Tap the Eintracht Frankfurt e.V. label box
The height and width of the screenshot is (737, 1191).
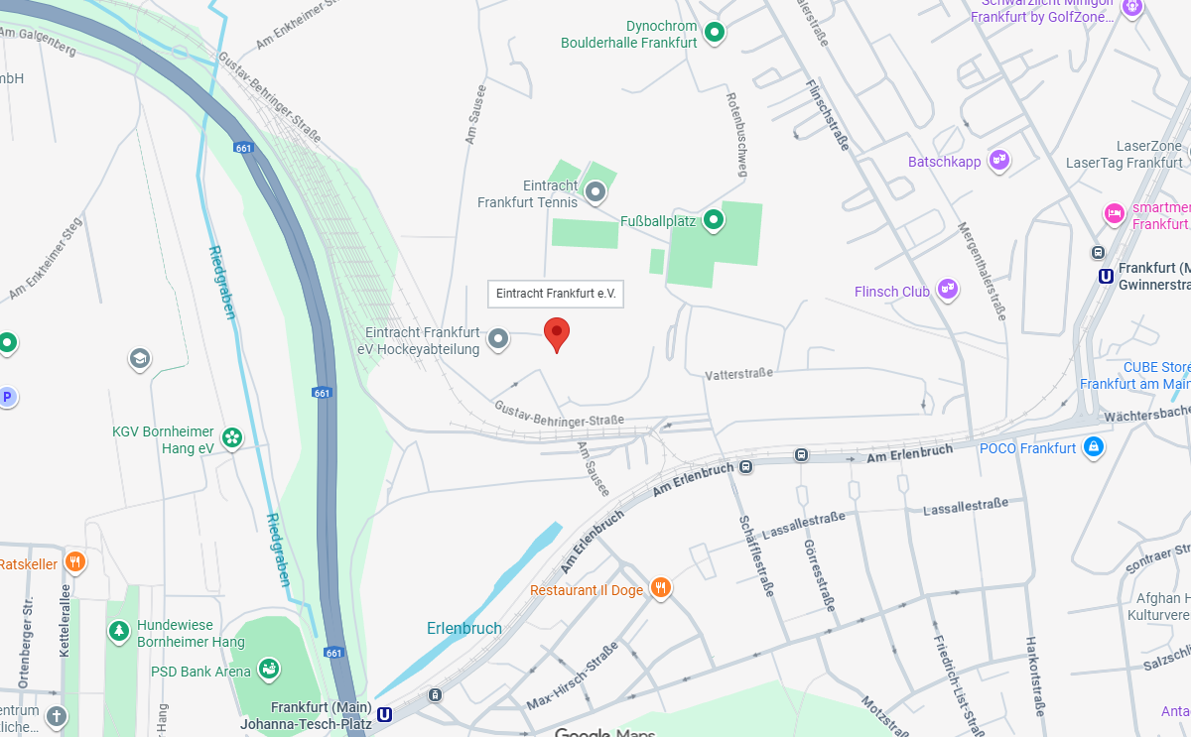[556, 294]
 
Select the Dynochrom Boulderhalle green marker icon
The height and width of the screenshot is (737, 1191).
[714, 35]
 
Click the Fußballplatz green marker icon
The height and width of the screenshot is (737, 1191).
[713, 220]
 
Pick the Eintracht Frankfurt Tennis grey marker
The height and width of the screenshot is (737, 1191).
[595, 191]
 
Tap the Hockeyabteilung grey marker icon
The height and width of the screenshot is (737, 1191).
[498, 340]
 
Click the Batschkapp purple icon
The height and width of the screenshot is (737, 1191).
[999, 161]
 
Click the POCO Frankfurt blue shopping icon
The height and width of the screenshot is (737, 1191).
[1094, 447]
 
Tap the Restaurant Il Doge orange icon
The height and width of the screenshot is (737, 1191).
[661, 588]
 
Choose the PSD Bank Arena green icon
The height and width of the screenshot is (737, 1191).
[268, 670]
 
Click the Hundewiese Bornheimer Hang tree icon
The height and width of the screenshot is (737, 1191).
[119, 631]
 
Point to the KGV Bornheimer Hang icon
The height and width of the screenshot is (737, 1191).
[231, 437]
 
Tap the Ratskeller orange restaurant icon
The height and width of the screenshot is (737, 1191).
[75, 562]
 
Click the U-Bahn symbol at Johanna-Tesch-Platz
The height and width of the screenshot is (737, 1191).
[385, 713]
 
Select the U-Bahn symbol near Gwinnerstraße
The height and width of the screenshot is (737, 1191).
[1106, 276]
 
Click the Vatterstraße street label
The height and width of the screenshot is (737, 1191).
[738, 374]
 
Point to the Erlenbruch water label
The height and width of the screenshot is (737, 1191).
[463, 628]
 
